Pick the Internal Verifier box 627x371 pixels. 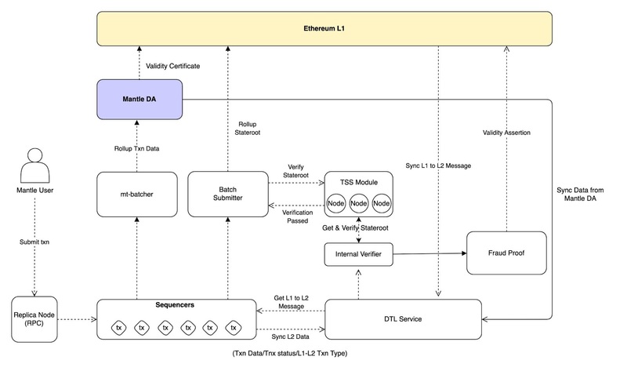[x=358, y=254]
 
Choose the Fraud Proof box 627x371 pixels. [x=506, y=253]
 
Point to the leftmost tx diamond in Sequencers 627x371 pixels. [x=119, y=327]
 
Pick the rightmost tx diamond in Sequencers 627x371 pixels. [x=232, y=327]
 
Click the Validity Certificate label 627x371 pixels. [x=173, y=66]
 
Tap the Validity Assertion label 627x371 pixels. [x=506, y=133]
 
